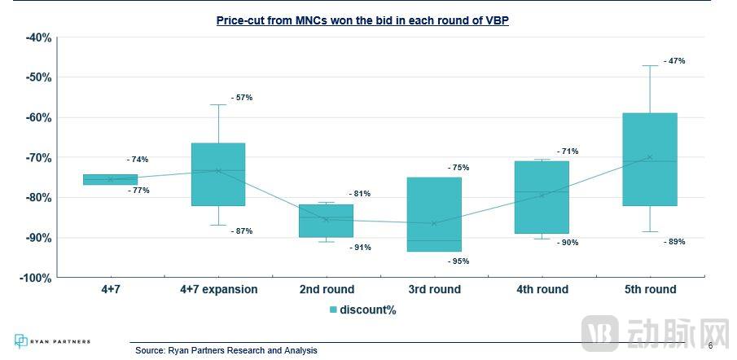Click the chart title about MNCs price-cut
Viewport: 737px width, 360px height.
coord(362,20)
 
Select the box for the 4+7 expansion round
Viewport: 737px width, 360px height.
coord(218,174)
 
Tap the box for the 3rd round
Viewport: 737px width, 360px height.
coord(434,214)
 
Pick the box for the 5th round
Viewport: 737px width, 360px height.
coord(649,160)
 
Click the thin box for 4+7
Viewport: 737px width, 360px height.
coord(111,179)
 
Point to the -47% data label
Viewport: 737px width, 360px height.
coord(673,61)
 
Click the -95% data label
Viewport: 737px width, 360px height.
coord(458,261)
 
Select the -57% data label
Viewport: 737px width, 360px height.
coord(242,98)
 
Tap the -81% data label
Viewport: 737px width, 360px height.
coord(359,194)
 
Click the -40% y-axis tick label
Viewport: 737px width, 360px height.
coord(38,37)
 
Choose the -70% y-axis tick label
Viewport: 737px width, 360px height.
coord(38,157)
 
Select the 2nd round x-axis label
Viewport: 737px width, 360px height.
coord(327,289)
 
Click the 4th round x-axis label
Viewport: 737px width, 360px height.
coord(542,289)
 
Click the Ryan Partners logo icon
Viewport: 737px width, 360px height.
coord(21,341)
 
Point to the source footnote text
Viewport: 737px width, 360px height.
coord(226,350)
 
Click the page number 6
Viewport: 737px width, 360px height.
coord(710,345)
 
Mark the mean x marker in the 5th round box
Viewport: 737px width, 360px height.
coord(649,157)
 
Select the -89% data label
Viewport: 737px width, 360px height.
coord(673,242)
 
